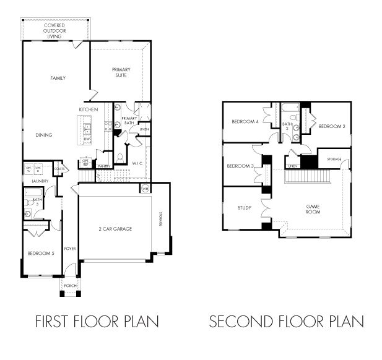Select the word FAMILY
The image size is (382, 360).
pyautogui.click(x=58, y=78)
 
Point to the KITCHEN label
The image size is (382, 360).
pyautogui.click(x=88, y=109)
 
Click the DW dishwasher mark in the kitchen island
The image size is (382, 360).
pyautogui.click(x=87, y=139)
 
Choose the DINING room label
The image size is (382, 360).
pyautogui.click(x=43, y=135)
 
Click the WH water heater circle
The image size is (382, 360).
pyautogui.click(x=145, y=188)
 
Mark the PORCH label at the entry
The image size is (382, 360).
pyautogui.click(x=70, y=286)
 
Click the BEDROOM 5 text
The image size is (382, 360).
pyautogui.click(x=41, y=253)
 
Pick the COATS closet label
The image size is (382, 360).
pyautogui.click(x=59, y=168)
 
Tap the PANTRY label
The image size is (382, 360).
pyautogui.click(x=103, y=166)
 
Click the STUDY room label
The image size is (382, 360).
pyautogui.click(x=244, y=208)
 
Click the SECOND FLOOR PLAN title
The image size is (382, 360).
pyautogui.click(x=286, y=322)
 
